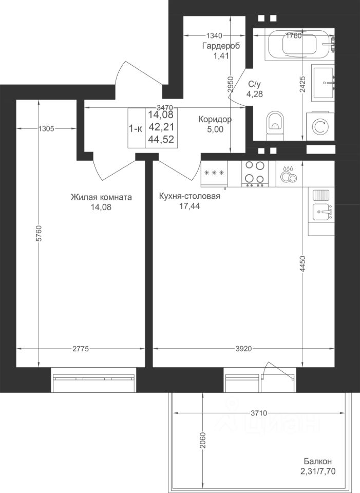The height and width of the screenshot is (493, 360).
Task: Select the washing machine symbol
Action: [320, 126]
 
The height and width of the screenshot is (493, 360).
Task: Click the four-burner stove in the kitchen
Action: [255, 174]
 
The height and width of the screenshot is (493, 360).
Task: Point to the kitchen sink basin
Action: [321, 212]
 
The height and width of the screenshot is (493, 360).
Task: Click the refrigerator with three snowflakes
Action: [214, 174]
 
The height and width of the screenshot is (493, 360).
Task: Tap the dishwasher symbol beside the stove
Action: [289, 174]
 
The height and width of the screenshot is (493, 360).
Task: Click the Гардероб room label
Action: [221, 46]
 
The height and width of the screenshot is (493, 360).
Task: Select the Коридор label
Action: [215, 120]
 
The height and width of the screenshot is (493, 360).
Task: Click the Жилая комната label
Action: [101, 197]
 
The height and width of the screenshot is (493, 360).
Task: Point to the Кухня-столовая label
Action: [190, 196]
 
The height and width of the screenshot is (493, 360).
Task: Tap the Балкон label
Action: [317, 461]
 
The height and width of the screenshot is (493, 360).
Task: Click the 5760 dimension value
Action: [39, 233]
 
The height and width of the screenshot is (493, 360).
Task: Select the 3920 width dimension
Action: [243, 348]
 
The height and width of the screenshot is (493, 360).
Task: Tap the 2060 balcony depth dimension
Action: [202, 441]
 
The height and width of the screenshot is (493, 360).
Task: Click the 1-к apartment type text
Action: [136, 128]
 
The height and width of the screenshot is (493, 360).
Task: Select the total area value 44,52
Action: [161, 139]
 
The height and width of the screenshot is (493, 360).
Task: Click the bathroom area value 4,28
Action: [255, 93]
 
